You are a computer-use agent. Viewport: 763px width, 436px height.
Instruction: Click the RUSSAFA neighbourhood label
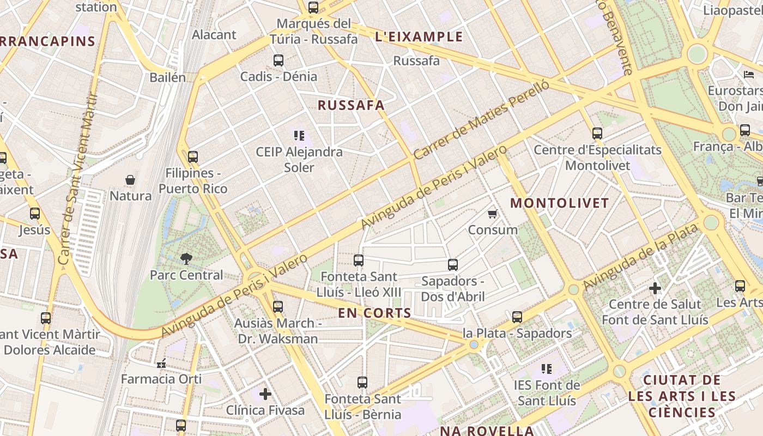point(351,105)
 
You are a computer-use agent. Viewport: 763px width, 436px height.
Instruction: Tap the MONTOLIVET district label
point(559,203)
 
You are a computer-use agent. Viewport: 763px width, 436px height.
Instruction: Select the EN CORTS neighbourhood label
point(374,313)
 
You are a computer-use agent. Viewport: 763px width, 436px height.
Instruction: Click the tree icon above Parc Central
point(186,259)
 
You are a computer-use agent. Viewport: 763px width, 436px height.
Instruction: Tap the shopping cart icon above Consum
point(493,214)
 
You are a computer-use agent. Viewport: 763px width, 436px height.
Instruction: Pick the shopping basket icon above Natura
point(130,180)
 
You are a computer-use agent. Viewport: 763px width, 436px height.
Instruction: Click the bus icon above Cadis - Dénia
point(278,60)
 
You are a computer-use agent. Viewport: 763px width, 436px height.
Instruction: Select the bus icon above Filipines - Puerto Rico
point(193,158)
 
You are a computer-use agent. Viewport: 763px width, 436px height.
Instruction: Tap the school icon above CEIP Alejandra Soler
point(299,135)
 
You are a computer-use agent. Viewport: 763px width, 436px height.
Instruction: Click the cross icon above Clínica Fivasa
point(265,393)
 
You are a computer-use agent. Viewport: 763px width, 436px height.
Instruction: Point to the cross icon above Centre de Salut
point(655,288)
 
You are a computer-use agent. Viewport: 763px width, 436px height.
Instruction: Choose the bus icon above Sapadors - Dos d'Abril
point(453,265)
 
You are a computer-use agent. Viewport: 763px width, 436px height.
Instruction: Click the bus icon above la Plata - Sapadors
point(517,317)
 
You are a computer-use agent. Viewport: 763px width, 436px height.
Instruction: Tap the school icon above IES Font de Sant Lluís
point(547,369)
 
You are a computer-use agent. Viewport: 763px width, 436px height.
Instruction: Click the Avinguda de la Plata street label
point(640,257)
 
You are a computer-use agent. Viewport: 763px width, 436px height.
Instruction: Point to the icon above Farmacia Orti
point(161,363)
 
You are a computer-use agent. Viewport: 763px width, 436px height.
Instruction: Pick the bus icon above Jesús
point(35,214)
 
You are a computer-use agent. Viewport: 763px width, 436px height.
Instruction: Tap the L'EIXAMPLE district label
point(419,37)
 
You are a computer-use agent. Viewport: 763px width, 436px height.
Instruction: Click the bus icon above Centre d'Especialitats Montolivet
point(597,133)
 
